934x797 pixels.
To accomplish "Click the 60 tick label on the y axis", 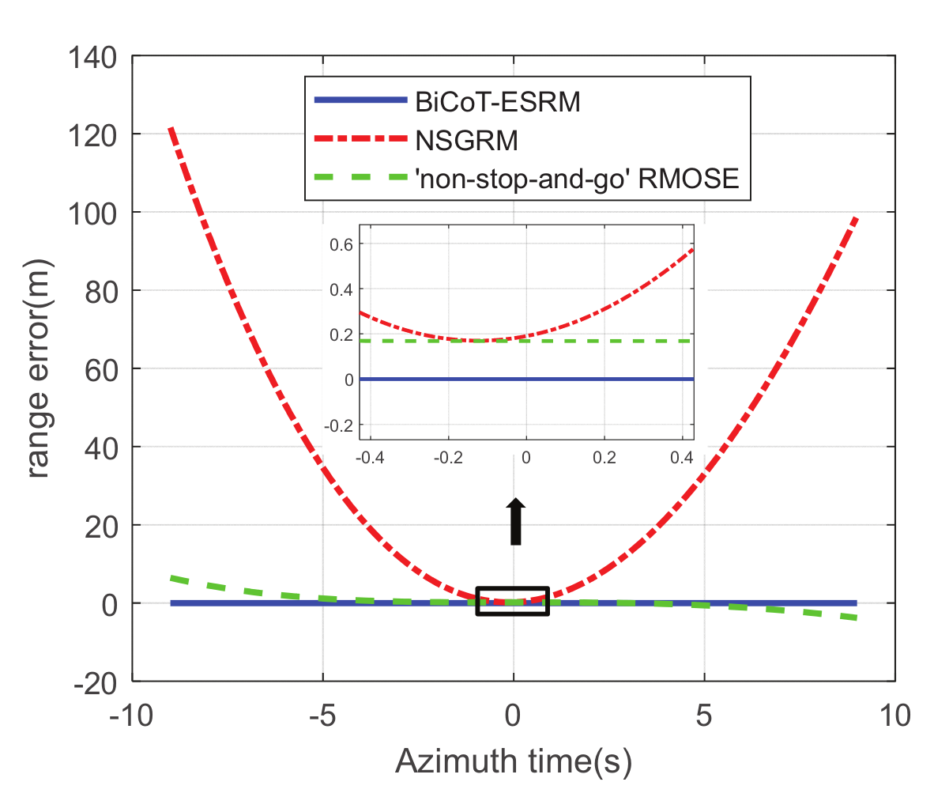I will [x=101, y=369].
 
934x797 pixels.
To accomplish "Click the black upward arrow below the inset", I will [x=515, y=522].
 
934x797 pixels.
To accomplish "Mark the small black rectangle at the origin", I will [x=512, y=602].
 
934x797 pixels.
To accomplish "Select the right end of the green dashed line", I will [x=855, y=618].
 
